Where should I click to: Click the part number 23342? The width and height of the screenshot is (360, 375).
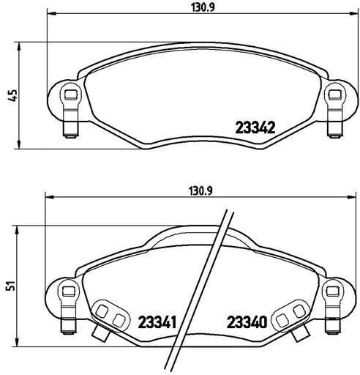(x=255, y=127)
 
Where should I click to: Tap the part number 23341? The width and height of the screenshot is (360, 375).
(x=157, y=322)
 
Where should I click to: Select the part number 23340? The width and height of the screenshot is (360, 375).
(x=247, y=322)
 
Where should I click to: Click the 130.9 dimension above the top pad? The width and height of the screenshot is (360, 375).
(x=203, y=7)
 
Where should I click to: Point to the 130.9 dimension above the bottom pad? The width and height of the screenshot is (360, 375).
(x=201, y=190)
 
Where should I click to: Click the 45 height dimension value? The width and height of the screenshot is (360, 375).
(x=12, y=95)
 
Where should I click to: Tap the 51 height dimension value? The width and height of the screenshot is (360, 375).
(x=11, y=286)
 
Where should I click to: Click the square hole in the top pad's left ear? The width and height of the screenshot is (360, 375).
(x=71, y=94)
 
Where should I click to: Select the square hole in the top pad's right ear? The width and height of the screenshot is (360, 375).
(x=334, y=94)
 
